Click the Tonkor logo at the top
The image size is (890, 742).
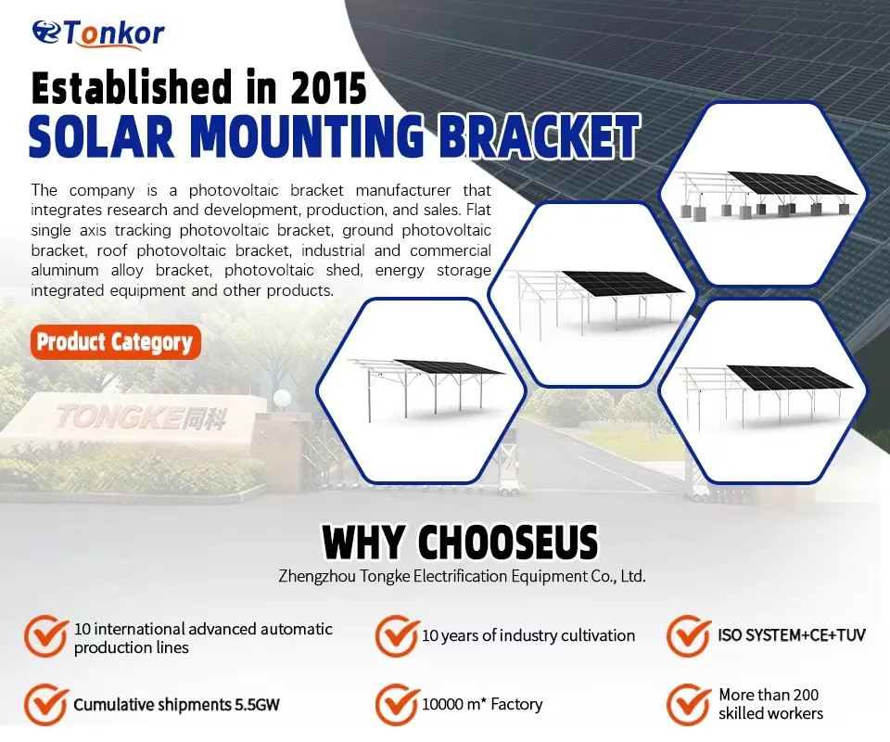pos(99,33)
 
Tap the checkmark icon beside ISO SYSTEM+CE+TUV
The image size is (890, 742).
pos(688,636)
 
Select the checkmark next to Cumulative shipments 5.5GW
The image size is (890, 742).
pos(45,705)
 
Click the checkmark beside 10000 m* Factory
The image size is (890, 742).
pos(396,705)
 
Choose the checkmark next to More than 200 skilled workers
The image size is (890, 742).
pos(688,705)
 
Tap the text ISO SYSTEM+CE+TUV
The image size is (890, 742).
pos(792,637)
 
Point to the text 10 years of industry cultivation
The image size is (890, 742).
pos(528,636)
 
